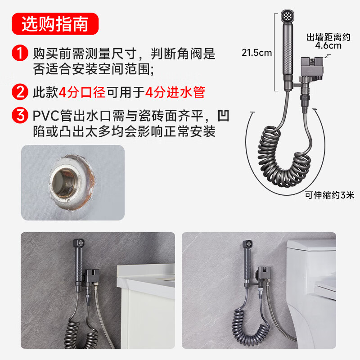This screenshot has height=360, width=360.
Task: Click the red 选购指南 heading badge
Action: click(55, 24)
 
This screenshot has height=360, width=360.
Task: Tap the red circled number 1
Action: click(20, 53)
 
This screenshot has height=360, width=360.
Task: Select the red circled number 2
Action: click(20, 92)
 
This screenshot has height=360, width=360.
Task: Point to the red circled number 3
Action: click(20, 115)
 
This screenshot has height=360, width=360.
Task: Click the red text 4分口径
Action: click(82, 92)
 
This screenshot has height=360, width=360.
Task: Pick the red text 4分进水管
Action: click(175, 92)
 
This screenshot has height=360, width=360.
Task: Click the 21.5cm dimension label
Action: click(256, 53)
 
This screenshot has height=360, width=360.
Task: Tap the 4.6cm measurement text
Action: click(328, 45)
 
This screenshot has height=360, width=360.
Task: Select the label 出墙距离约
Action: click(328, 37)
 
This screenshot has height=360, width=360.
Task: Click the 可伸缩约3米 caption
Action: click(330, 195)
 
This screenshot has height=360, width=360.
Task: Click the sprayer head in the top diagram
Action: click(288, 16)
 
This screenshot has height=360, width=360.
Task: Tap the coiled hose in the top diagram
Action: click(284, 156)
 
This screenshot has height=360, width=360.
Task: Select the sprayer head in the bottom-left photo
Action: click(79, 243)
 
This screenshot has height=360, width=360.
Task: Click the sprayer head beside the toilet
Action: click(248, 244)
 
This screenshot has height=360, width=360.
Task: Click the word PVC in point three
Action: click(46, 116)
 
